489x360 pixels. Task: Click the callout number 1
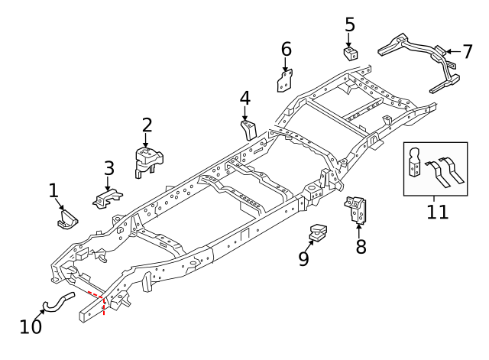(x=53, y=190)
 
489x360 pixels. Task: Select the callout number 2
(x=147, y=125)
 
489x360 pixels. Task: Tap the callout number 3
(x=109, y=168)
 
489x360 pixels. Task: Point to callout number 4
(x=244, y=99)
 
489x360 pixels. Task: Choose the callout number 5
(x=350, y=24)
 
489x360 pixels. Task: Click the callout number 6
(x=287, y=50)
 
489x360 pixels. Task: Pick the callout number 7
(x=468, y=52)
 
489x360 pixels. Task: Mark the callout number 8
(x=361, y=247)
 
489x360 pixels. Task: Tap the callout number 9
(x=304, y=260)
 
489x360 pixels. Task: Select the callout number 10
(x=31, y=326)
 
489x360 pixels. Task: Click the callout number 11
(x=438, y=211)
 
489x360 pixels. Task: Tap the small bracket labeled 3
(x=108, y=198)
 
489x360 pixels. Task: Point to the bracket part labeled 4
(x=248, y=128)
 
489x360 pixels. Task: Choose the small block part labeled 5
(x=351, y=54)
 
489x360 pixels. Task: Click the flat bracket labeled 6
(x=286, y=79)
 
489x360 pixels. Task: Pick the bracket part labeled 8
(x=357, y=210)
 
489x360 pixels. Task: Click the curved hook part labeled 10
(x=57, y=301)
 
